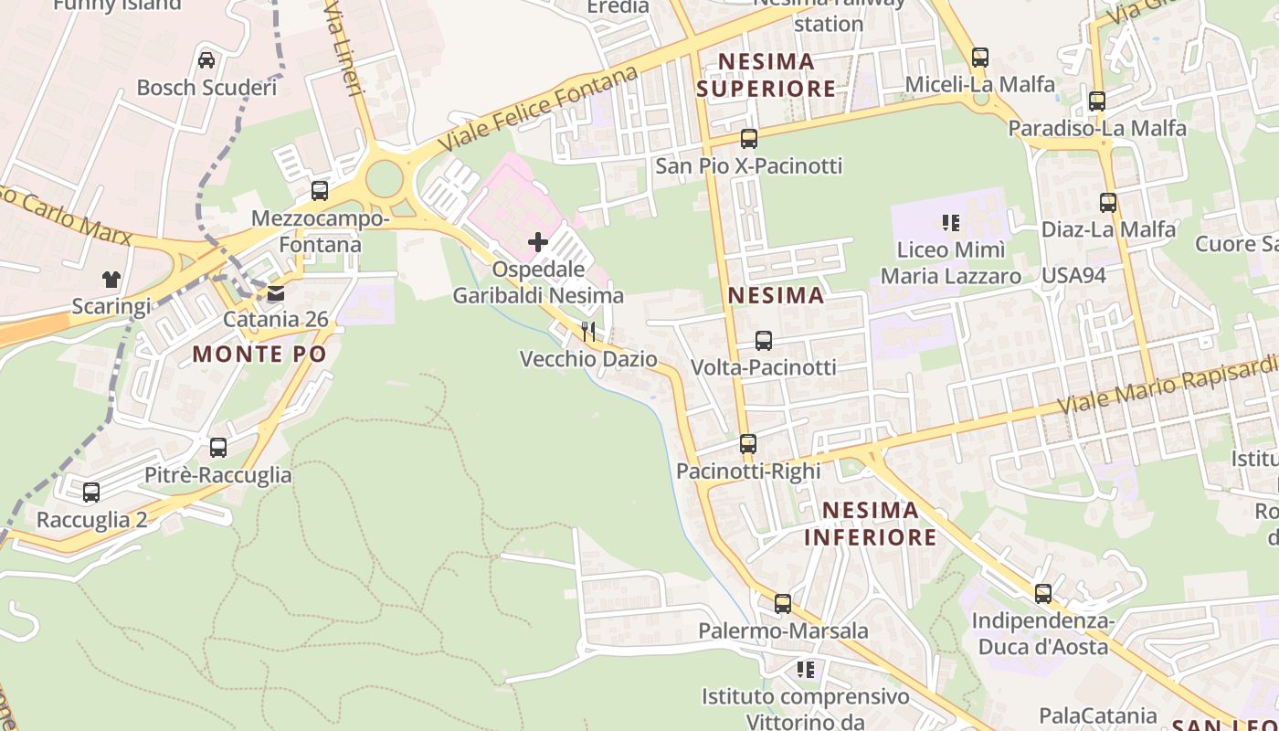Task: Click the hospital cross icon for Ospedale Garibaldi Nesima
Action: [538, 242]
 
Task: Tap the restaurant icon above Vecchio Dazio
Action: [588, 331]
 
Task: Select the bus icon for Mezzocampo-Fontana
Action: [320, 191]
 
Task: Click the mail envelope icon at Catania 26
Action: [275, 293]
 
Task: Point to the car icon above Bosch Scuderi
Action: [206, 60]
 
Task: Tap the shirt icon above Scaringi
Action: [111, 279]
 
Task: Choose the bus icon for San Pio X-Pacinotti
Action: [749, 139]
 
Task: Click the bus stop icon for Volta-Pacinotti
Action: [764, 341]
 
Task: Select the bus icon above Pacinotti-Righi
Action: [748, 444]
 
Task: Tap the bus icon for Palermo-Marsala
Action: [783, 604]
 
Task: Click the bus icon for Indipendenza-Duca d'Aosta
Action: [1043, 594]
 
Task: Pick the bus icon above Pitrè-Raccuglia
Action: [218, 448]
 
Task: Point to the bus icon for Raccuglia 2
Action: [91, 493]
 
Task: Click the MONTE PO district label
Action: [259, 355]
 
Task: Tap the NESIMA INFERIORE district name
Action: [871, 523]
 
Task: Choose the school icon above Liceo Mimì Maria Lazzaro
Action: [951, 222]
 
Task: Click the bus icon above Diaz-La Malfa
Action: [1108, 203]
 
